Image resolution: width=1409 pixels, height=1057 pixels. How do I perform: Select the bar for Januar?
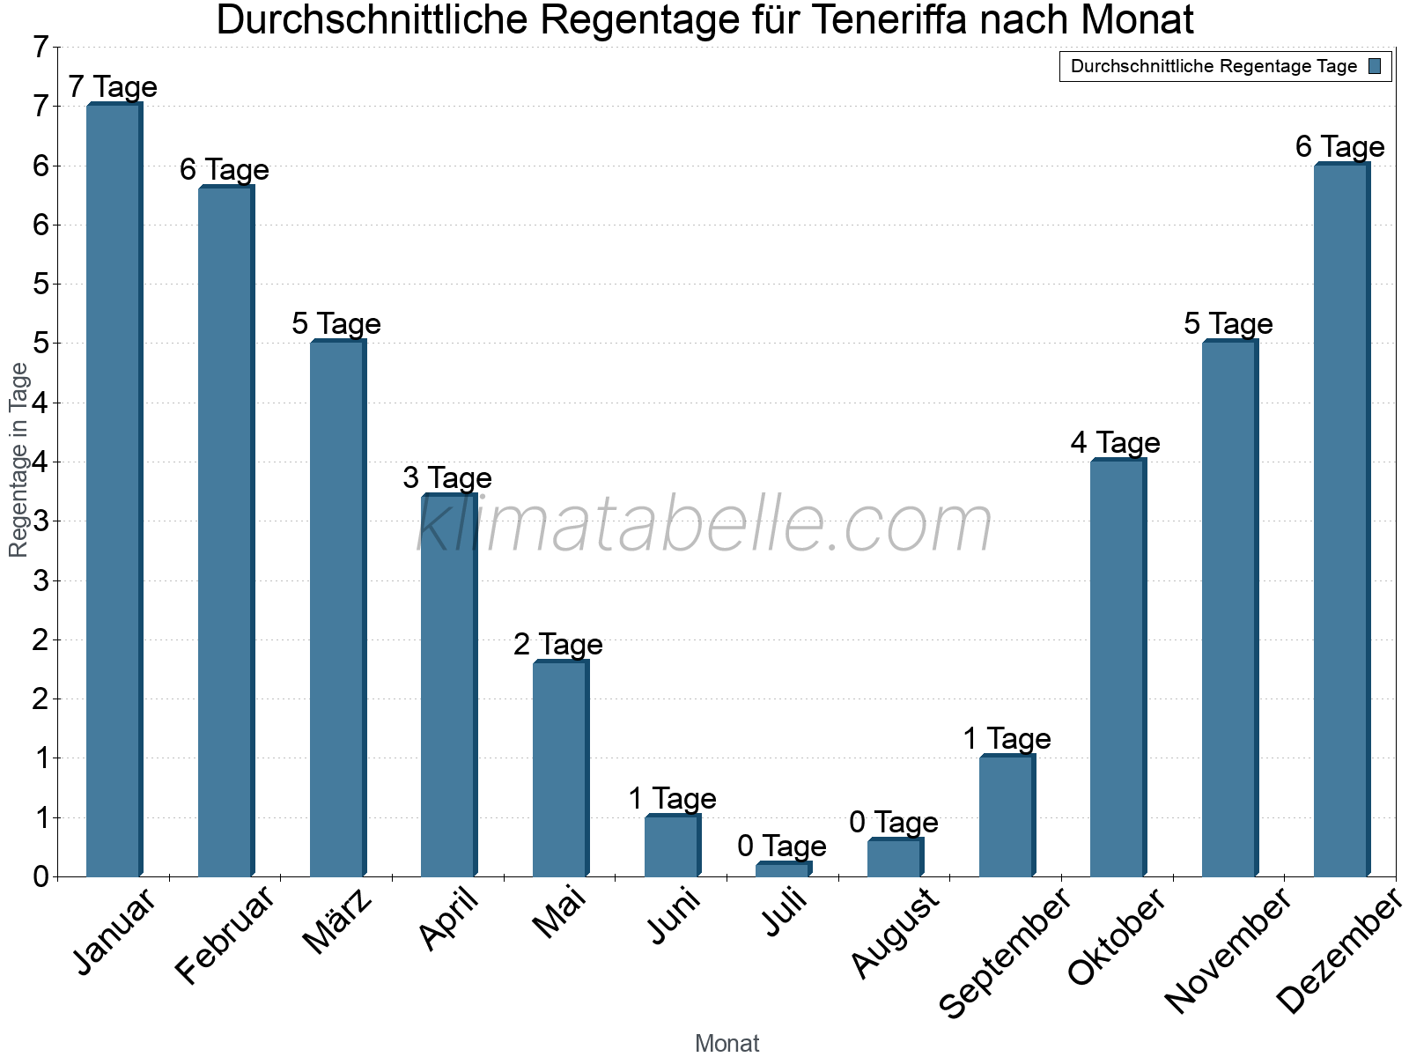point(114,490)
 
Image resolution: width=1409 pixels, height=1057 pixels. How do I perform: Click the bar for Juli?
point(783,869)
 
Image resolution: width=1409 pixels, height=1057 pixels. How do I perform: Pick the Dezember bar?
point(1340,520)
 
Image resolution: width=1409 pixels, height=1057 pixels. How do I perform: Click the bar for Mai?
point(560,768)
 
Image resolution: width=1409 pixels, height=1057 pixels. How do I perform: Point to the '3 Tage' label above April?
point(447,478)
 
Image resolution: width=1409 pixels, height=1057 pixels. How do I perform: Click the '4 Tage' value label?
point(1116,442)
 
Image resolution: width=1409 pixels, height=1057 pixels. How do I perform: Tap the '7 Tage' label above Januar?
point(113,87)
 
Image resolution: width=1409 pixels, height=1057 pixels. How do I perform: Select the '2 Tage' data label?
point(558,645)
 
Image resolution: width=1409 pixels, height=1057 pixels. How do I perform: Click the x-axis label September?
point(1006,951)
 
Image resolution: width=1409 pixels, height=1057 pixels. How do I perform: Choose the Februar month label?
point(226,934)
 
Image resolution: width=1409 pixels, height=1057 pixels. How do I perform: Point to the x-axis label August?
point(896,932)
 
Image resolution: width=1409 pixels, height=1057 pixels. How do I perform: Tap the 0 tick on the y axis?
point(41,877)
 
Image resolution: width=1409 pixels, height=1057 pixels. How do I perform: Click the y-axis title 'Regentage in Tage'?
point(18,460)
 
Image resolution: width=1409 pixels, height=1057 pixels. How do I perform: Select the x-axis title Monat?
point(727,1043)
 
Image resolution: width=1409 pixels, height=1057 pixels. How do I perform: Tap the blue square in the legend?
point(1375,66)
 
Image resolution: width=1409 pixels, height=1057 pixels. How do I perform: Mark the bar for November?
point(1229,609)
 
